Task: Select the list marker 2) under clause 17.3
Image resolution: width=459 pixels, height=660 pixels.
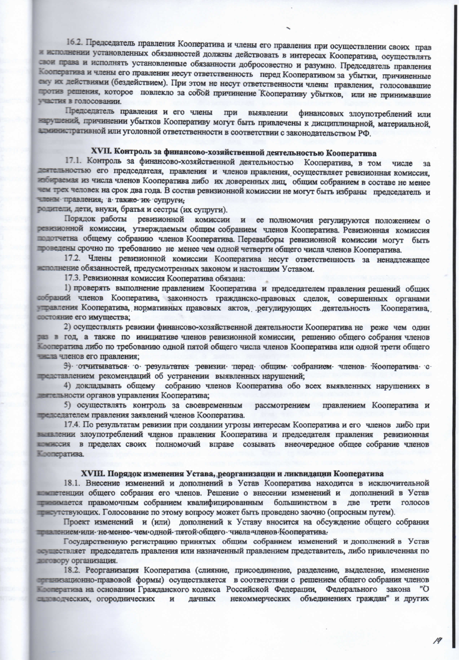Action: point(68,327)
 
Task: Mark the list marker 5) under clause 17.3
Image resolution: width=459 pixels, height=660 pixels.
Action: point(68,406)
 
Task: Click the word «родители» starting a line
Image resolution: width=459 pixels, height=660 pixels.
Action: point(51,208)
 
